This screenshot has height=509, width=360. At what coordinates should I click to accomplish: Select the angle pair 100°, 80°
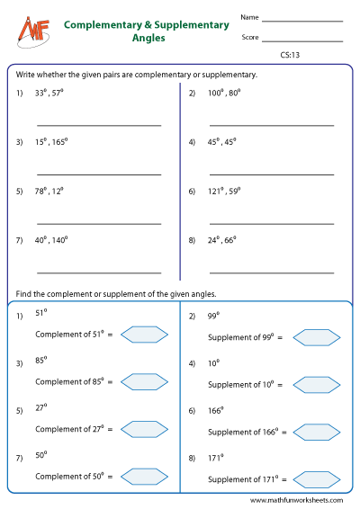229,93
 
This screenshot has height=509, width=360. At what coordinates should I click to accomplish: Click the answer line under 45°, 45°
271,174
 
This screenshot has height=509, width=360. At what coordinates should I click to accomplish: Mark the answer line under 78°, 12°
99,223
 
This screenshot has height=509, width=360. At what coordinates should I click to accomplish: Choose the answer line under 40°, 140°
99,272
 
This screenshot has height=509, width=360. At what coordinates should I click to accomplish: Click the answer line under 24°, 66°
271,272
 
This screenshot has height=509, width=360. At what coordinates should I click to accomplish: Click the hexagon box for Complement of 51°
144,335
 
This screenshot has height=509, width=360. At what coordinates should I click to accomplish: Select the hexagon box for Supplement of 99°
316,337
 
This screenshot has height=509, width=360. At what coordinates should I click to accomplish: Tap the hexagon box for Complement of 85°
144,381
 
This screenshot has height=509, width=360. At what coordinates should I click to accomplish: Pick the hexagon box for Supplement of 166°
316,432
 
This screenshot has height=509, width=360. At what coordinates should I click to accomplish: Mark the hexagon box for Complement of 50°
144,476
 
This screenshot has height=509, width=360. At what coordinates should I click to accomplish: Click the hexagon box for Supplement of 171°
316,478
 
